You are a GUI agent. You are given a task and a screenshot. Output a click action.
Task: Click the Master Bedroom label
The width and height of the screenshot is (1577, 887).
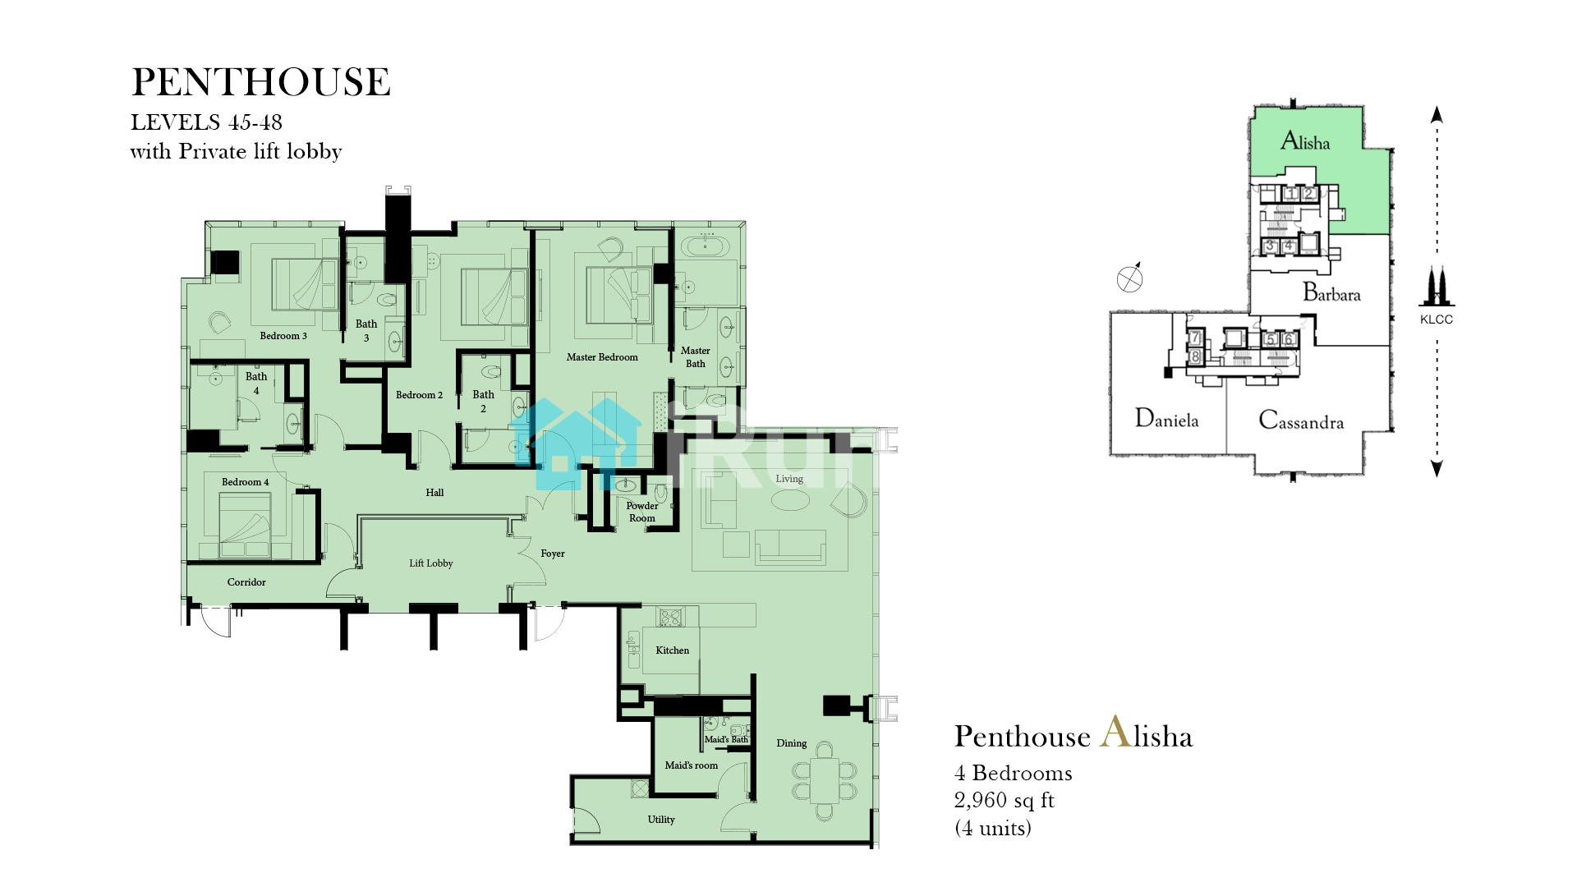coord(602,357)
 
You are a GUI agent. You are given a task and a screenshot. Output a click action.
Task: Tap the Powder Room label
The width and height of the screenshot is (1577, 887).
coord(642,512)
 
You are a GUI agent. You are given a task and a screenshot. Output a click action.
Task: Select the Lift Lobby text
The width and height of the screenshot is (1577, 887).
coord(431,563)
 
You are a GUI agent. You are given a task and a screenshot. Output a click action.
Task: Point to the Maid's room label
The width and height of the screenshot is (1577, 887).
coord(691,765)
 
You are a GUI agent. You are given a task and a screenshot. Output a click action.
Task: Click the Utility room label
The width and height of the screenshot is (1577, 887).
coord(661,820)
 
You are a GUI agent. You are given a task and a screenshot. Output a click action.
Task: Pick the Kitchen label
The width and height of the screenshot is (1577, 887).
coord(673,650)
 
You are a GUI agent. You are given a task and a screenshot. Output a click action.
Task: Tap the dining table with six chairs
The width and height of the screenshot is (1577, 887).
coord(825,781)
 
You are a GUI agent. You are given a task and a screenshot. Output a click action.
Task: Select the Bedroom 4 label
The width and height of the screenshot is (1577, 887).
coord(246,482)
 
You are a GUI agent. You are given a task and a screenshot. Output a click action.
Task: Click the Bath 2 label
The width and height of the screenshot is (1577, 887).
coord(484,402)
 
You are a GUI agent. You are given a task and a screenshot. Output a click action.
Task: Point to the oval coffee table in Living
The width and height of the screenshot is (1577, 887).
coord(790,499)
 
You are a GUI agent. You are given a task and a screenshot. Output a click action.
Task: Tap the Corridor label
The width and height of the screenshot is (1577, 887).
coord(246,582)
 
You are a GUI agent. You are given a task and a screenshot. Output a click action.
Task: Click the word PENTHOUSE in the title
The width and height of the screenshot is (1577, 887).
coord(261,82)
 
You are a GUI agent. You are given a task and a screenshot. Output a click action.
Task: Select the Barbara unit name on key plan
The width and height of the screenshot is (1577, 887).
coord(1331,293)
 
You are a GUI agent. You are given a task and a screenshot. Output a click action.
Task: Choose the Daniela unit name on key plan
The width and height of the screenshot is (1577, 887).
coord(1166,419)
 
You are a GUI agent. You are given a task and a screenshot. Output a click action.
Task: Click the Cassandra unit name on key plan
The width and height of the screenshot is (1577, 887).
coord(1301,421)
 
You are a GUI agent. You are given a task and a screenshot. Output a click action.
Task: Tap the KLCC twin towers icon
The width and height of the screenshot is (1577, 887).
coord(1437,287)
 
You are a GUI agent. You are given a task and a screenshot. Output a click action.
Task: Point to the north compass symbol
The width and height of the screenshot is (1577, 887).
coord(1130,278)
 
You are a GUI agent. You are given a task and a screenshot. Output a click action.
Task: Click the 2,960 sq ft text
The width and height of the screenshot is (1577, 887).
coord(1004,800)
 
